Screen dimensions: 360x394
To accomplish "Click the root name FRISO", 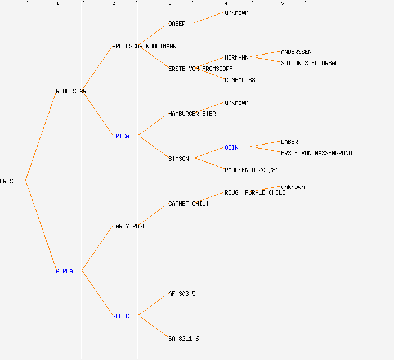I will pos(8,181).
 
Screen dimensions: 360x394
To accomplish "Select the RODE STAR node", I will pos(71,91).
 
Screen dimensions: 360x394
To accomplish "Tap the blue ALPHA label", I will pos(64,271).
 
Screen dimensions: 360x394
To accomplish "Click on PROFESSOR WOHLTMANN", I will pos(144,46).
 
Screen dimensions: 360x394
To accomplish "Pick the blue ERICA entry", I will pos(120,136).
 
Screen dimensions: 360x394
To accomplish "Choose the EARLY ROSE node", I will pos(129,226).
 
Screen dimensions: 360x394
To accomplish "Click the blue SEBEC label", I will pos(120,316).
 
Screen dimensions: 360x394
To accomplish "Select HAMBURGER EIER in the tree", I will pos(192,114).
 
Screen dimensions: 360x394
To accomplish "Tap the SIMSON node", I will pos(178,159).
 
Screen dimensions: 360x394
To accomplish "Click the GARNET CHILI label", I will pos(189,204).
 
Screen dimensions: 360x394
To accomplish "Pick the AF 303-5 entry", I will pos(182,294).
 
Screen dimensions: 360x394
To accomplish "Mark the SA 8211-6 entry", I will pos(183,339).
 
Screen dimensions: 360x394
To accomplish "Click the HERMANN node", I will pos(236,57).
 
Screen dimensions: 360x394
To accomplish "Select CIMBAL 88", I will pos(240,80).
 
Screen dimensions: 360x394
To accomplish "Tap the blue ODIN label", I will pos(231,147).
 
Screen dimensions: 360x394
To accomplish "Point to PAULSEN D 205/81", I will pos(252,170).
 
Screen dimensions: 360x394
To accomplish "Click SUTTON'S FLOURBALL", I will pos(311,63).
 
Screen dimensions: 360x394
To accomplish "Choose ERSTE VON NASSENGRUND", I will pos(316,153).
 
